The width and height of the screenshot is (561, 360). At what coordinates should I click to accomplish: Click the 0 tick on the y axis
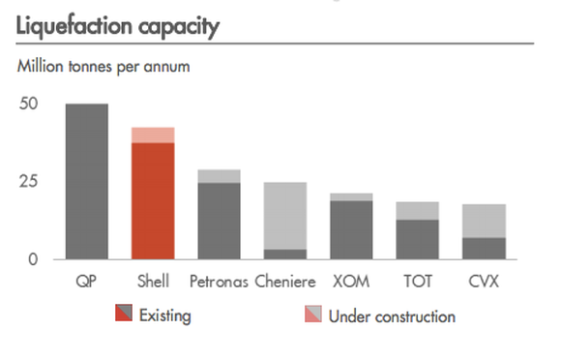click(x=34, y=258)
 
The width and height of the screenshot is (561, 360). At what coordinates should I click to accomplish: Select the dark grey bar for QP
click(x=87, y=182)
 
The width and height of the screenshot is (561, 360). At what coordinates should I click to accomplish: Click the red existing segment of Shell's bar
click(x=153, y=201)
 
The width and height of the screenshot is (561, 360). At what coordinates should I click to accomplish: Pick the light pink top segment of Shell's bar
click(x=153, y=135)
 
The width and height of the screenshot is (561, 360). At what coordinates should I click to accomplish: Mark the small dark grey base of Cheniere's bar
click(x=285, y=255)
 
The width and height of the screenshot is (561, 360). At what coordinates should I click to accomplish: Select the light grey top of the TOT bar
click(x=418, y=211)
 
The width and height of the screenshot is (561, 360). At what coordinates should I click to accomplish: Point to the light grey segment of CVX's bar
click(x=484, y=221)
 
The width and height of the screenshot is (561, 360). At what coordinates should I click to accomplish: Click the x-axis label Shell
click(x=153, y=283)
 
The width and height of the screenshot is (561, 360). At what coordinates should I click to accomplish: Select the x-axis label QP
click(x=87, y=283)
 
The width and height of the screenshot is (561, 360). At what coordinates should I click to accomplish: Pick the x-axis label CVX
click(x=484, y=283)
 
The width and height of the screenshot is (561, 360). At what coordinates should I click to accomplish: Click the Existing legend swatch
click(x=124, y=315)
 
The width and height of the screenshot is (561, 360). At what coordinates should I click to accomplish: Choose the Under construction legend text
click(x=392, y=315)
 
